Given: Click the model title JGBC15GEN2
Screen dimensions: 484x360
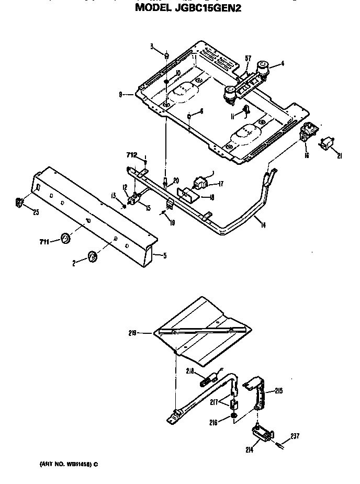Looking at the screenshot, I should pos(188,8).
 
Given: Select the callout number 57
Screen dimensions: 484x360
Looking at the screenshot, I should pos(248,58).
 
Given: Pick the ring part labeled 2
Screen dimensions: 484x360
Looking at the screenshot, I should pos(93,256).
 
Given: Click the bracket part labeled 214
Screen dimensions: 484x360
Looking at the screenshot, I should pos(262,432).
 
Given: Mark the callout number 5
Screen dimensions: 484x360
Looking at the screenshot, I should pos(165,256).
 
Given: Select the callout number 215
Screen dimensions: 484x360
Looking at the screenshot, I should pos(278,390).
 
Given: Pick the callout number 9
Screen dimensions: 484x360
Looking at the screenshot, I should pos(121,95).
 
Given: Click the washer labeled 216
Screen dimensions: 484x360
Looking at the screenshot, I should pos(232,417).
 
